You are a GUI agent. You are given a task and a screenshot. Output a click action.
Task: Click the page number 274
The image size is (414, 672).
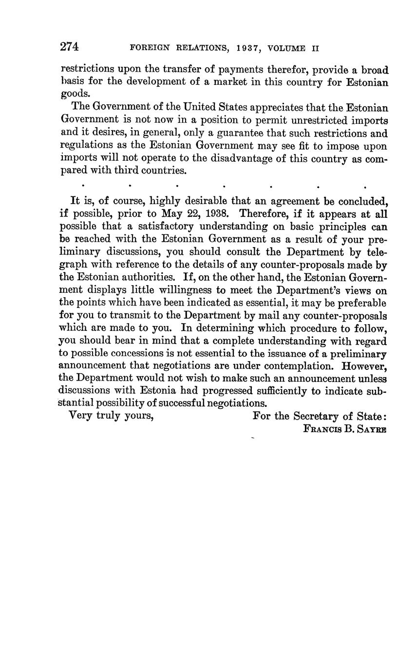[x=69, y=47]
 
